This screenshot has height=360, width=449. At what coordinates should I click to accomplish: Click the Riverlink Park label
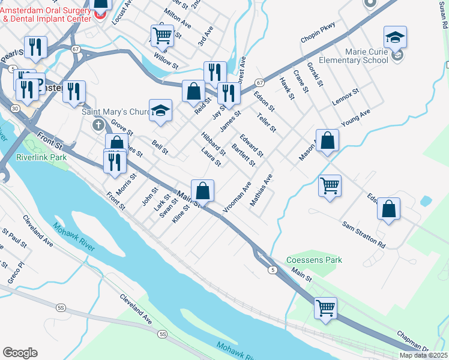tap(41, 157)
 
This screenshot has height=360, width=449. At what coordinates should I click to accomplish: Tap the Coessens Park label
tap(314, 260)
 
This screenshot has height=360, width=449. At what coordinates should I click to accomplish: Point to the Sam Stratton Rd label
tap(364, 234)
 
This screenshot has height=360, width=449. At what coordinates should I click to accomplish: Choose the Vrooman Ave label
tap(237, 196)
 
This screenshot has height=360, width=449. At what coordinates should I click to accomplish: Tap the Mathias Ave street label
tap(261, 190)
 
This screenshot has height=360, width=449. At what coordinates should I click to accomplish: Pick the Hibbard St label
tap(212, 144)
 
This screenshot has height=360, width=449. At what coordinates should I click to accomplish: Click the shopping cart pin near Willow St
tap(162, 35)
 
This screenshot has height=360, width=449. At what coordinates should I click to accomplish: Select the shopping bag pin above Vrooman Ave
tap(203, 191)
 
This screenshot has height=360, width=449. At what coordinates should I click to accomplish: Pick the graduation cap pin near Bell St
tap(160, 110)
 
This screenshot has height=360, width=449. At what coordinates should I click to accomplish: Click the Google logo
tap(20, 353)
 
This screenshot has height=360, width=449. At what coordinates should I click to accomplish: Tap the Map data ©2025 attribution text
tap(423, 355)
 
